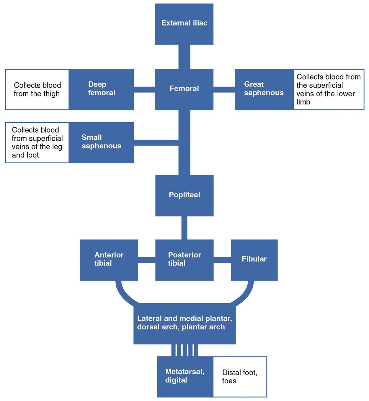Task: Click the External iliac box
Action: point(184,24)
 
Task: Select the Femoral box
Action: point(184,89)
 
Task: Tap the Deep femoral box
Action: point(101,89)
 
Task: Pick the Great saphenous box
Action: point(264,89)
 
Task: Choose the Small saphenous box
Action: point(101,142)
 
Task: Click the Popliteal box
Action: point(184,195)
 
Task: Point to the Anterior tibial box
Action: point(109,260)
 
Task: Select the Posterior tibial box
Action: point(184,260)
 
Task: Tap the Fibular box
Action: point(254,260)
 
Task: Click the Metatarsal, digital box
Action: point(185,377)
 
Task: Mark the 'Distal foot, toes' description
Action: point(240,377)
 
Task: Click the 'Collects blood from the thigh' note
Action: point(37,89)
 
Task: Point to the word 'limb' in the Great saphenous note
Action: point(303,102)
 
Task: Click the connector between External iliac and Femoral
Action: point(184,57)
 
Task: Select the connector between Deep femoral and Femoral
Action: point(144,89)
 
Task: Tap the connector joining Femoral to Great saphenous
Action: point(224,89)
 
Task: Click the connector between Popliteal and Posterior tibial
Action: point(184,228)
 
